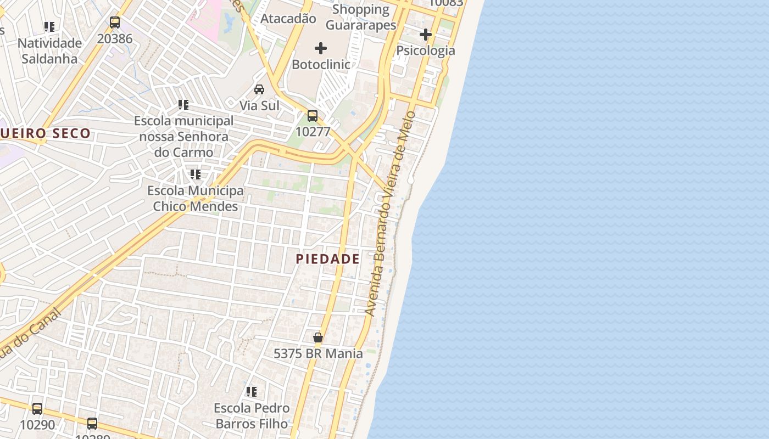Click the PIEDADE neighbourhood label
pyautogui.click(x=328, y=259)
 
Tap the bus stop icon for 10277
pyautogui.click(x=313, y=116)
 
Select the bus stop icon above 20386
pyautogui.click(x=115, y=22)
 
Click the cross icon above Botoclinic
pyautogui.click(x=321, y=48)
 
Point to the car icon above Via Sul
pyautogui.click(x=259, y=89)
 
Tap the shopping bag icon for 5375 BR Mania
pyautogui.click(x=318, y=337)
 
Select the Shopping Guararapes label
pyautogui.click(x=361, y=17)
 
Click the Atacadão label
pyautogui.click(x=288, y=19)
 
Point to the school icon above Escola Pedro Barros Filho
pyautogui.click(x=252, y=392)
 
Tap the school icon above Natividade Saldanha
pyautogui.click(x=49, y=26)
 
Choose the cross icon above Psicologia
pyautogui.click(x=426, y=35)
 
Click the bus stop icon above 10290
pyautogui.click(x=37, y=409)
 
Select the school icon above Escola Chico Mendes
pyautogui.click(x=196, y=175)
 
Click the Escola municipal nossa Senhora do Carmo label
pyautogui.click(x=183, y=136)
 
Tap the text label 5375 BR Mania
pyautogui.click(x=318, y=353)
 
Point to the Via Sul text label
pyautogui.click(x=259, y=105)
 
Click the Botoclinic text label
pyautogui.click(x=321, y=64)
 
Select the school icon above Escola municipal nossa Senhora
pyautogui.click(x=183, y=104)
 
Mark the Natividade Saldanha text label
pyautogui.click(x=49, y=50)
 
